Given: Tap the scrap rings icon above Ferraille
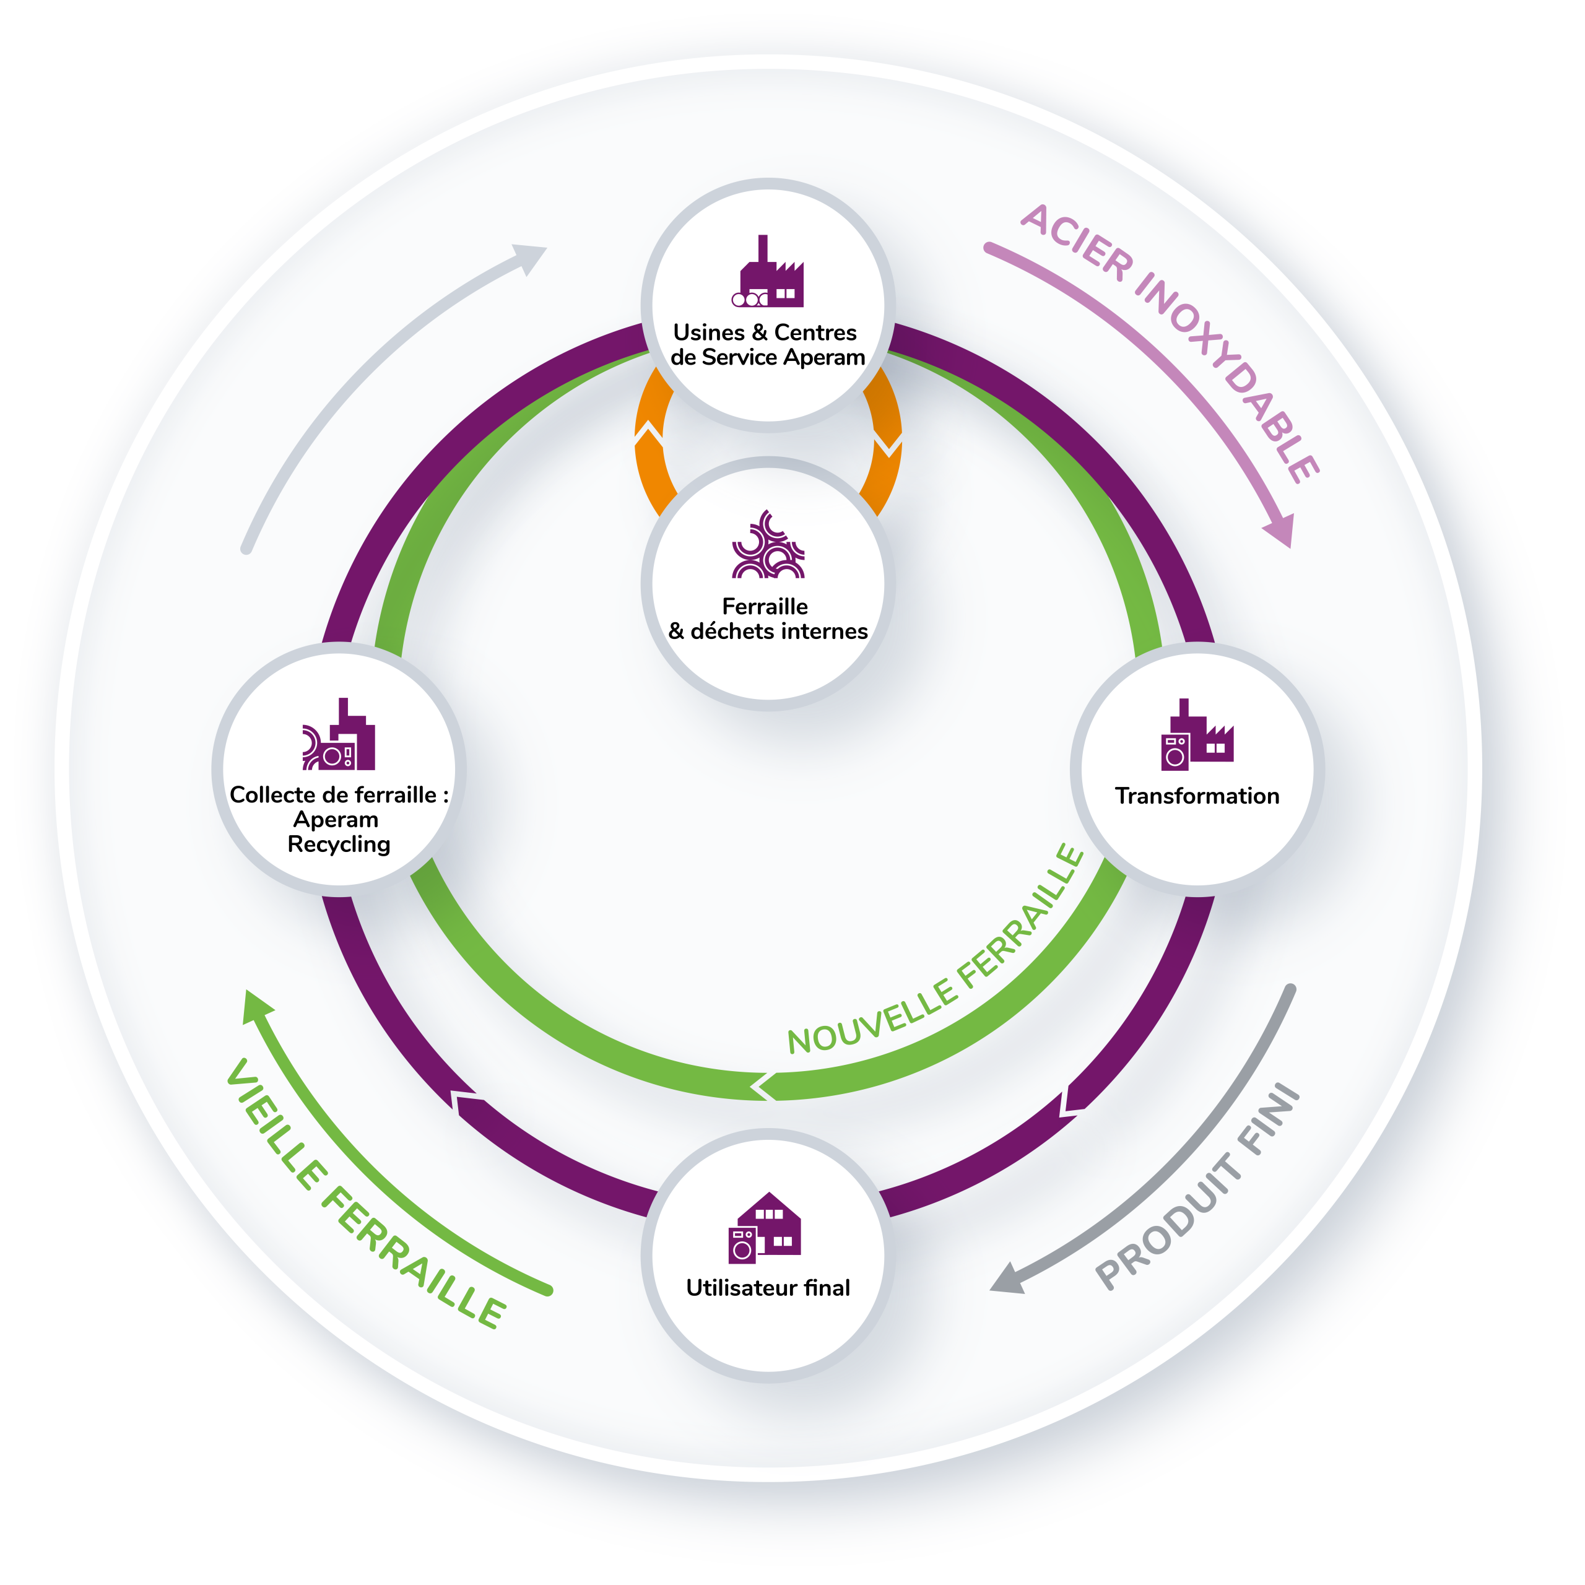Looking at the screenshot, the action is click(x=768, y=544).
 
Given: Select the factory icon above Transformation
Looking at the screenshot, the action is click(x=1197, y=734).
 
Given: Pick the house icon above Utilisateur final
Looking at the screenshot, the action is click(x=765, y=1227).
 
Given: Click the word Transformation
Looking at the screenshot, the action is click(x=1197, y=796).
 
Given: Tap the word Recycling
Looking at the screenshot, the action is click(x=339, y=845).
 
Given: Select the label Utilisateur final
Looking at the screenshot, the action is click(x=768, y=1288).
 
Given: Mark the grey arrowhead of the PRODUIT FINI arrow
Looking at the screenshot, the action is click(x=1007, y=1279).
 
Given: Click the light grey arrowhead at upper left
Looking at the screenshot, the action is click(x=530, y=257).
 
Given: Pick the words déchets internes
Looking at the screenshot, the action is click(x=779, y=631).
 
